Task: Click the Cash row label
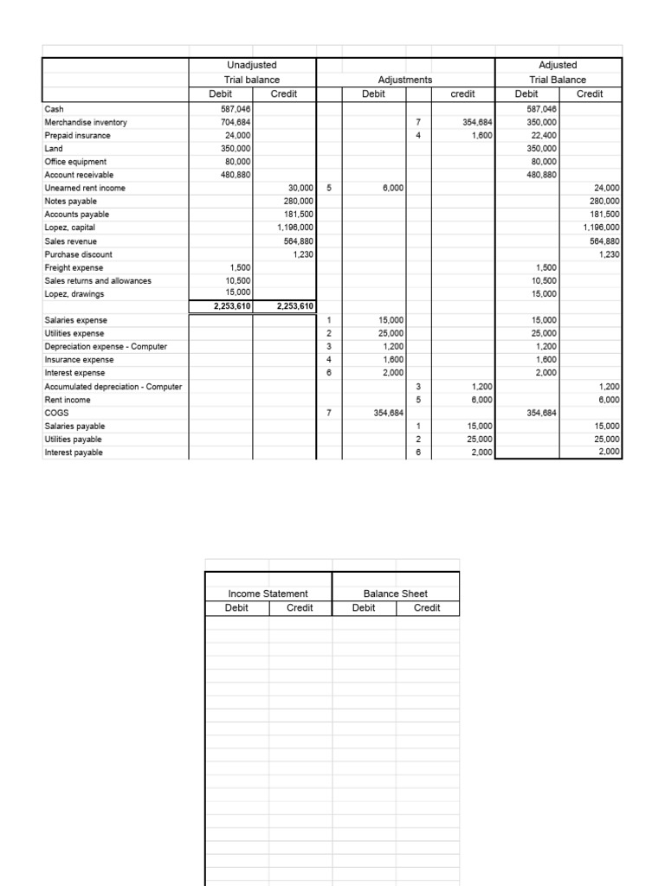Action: (x=54, y=110)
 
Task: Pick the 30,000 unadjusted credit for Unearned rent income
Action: (x=299, y=187)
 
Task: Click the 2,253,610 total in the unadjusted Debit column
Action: (x=222, y=306)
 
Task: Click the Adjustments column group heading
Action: (x=405, y=80)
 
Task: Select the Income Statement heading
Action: (x=268, y=594)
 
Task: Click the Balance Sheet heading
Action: (x=395, y=594)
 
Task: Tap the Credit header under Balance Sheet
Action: (x=427, y=608)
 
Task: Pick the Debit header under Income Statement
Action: (x=236, y=608)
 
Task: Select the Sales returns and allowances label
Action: (x=98, y=280)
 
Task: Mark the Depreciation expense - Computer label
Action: (x=106, y=346)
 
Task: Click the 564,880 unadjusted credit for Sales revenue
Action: (x=298, y=241)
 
